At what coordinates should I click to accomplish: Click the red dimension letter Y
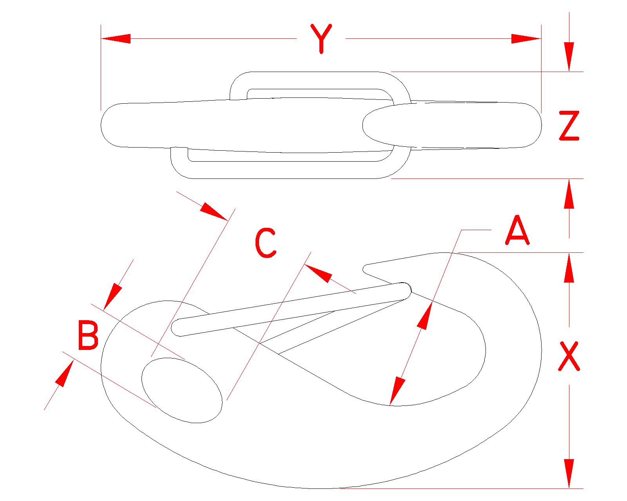tap(321, 38)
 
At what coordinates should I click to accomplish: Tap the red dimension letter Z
tap(569, 126)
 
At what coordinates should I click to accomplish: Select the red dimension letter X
tap(569, 356)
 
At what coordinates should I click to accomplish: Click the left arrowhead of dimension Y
tap(116, 39)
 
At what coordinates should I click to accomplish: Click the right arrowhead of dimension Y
tap(526, 39)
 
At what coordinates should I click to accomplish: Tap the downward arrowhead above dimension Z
tap(569, 57)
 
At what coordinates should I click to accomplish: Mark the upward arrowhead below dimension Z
tap(569, 193)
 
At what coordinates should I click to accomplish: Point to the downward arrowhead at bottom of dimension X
tap(569, 474)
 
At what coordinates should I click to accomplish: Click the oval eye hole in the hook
tap(181, 390)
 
